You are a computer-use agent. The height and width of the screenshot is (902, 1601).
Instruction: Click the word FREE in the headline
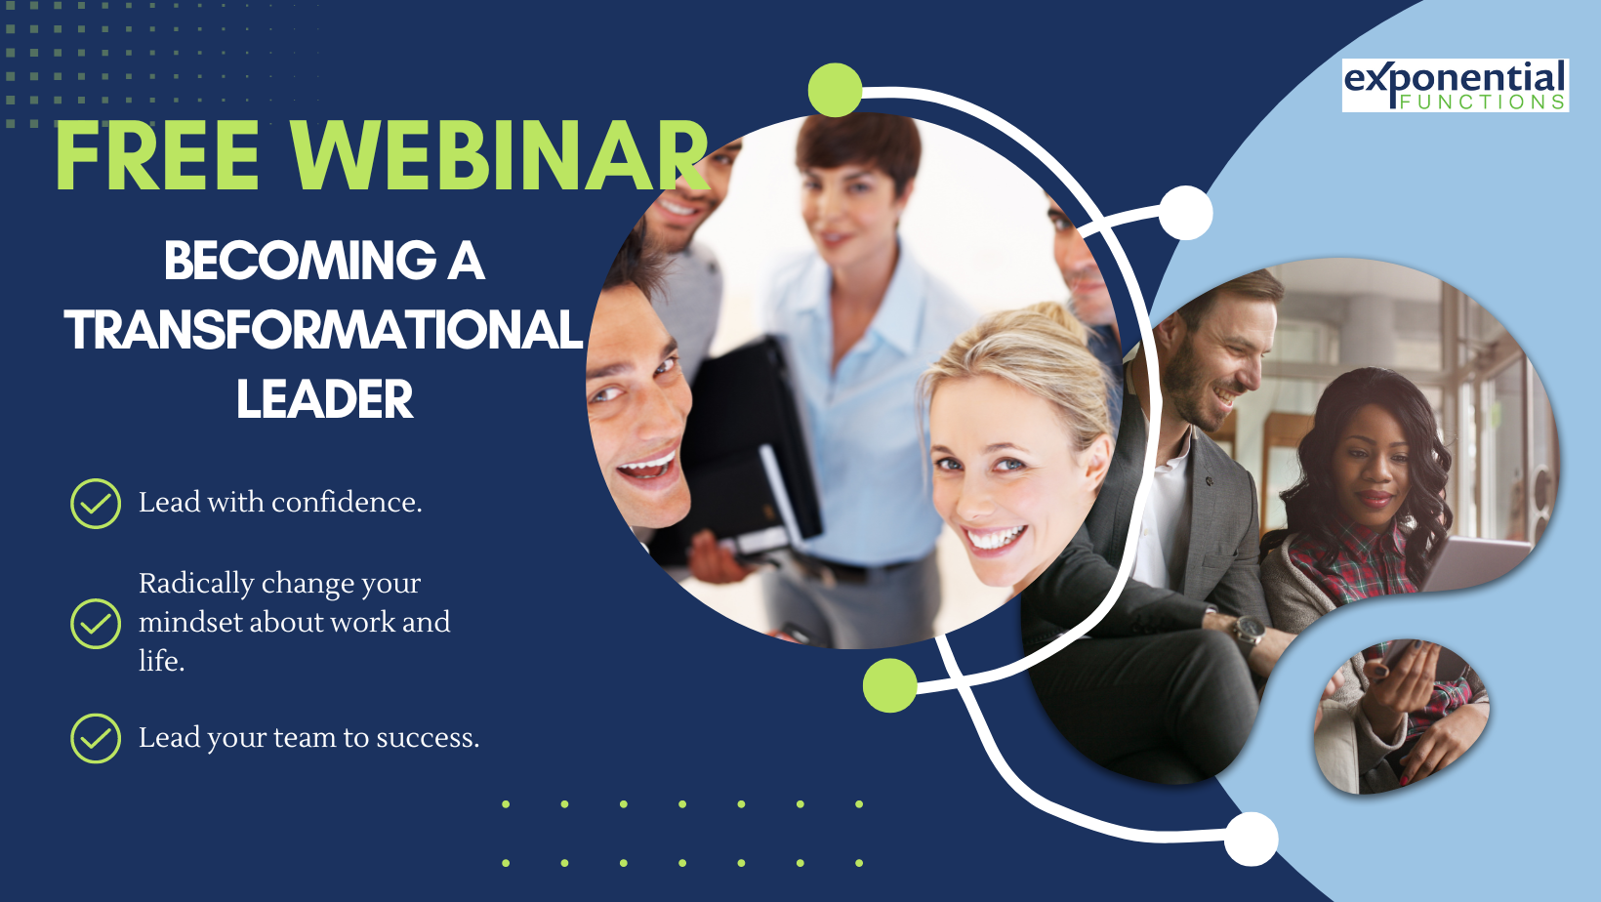coord(157,155)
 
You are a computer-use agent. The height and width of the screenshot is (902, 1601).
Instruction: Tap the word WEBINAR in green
coord(498,155)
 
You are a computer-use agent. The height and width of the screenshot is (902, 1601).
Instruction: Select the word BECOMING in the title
coord(301,261)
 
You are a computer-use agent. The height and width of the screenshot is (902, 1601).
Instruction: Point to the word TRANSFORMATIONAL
coord(324,330)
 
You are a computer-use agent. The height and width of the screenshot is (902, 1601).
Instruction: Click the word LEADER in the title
coord(325,399)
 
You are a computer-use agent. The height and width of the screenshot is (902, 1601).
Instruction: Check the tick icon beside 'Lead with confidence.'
coord(96,503)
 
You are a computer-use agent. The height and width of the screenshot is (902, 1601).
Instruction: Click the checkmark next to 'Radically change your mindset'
coord(96,623)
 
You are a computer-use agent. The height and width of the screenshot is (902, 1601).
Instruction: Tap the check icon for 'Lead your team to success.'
coord(96,738)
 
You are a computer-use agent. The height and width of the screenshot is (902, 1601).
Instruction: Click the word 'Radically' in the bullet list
coord(196,584)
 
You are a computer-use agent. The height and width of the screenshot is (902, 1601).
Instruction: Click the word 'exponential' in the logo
coord(1456,80)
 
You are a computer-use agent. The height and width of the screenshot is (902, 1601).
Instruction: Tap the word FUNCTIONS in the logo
coord(1482,102)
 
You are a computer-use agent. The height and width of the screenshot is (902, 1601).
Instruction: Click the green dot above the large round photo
coord(836,90)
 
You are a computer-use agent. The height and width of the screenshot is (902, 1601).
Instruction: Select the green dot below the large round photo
coord(890,685)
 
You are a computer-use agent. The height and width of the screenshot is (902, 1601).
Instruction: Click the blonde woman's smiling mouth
coord(995,538)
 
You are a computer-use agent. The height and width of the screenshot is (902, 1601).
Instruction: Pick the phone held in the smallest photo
coord(1397,654)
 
